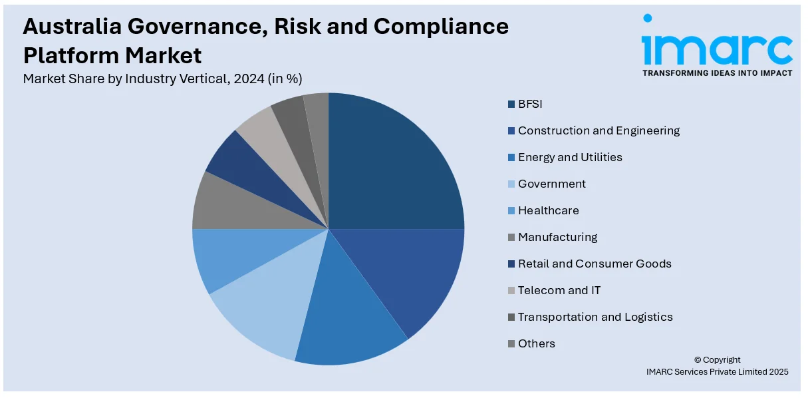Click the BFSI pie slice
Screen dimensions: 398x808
pos(392,166)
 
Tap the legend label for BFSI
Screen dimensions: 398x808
pos(531,104)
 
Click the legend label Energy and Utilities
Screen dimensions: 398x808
pos(570,157)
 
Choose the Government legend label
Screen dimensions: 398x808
pos(552,184)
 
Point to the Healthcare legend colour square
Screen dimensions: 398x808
pos(511,210)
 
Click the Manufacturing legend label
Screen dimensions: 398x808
pos(557,237)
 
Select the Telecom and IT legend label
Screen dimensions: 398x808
pos(559,290)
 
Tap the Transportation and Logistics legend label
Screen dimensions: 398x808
pos(595,317)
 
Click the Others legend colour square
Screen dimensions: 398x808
pos(511,343)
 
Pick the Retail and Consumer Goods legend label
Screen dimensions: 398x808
pos(595,264)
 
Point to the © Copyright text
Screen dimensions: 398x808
pos(717,360)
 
